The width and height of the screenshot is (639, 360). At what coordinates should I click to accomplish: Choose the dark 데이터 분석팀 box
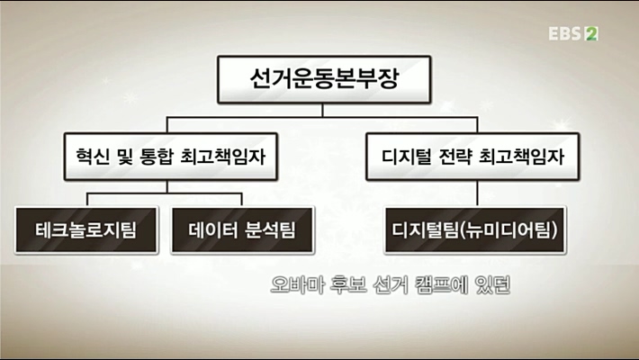coord(242,229)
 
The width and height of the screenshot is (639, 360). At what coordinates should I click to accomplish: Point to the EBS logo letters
coord(566,34)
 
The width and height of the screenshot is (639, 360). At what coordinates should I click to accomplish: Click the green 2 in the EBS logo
coord(592,34)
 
